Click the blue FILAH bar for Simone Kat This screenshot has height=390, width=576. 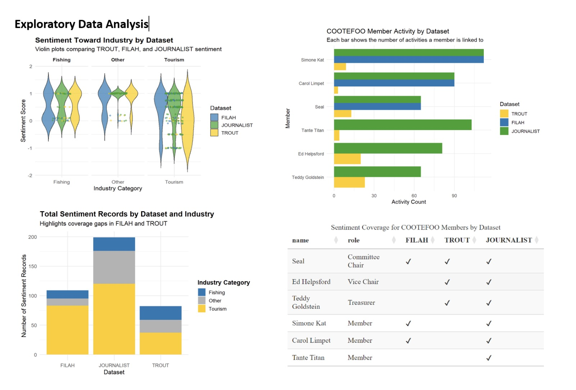(409, 59)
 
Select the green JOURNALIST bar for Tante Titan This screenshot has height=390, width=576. (402, 125)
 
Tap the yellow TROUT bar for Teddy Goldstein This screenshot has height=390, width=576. (349, 182)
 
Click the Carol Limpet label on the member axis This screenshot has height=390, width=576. (311, 83)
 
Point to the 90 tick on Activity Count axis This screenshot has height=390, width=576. (454, 196)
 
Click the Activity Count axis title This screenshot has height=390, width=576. (409, 202)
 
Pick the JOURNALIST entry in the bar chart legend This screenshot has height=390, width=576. (525, 131)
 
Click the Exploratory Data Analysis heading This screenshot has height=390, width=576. (81, 24)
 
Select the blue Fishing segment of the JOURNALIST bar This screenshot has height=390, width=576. (114, 244)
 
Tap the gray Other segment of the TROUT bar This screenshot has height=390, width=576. (161, 326)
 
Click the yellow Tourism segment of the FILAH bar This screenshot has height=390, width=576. (67, 330)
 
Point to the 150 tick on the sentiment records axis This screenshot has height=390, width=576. (33, 266)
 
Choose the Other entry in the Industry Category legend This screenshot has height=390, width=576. (215, 301)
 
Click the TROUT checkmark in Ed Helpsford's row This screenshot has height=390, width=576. (447, 282)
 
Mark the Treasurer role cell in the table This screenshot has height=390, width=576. (361, 303)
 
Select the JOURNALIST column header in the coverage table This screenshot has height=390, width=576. (508, 240)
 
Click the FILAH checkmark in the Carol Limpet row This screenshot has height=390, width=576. (408, 341)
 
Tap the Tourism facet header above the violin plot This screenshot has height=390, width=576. (174, 60)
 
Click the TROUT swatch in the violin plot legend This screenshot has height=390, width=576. (214, 133)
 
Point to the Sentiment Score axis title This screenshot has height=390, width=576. (23, 121)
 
